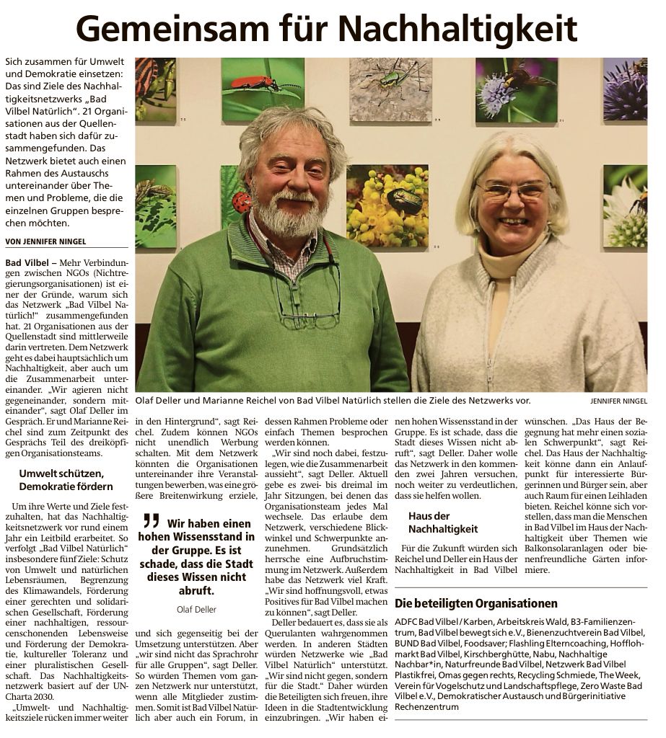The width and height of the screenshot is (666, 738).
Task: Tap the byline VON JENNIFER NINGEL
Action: [45, 241]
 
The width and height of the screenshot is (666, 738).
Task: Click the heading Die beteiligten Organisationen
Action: [476, 603]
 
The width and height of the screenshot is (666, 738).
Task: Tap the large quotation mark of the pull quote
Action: [150, 521]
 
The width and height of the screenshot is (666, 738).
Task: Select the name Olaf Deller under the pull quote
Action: [196, 609]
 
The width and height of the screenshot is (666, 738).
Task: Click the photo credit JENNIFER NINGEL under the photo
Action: [618, 401]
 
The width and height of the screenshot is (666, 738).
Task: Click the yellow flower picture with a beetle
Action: [387, 205]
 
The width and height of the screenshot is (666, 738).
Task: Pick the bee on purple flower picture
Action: [517, 89]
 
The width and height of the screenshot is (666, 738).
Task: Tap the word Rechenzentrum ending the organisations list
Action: [429, 707]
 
